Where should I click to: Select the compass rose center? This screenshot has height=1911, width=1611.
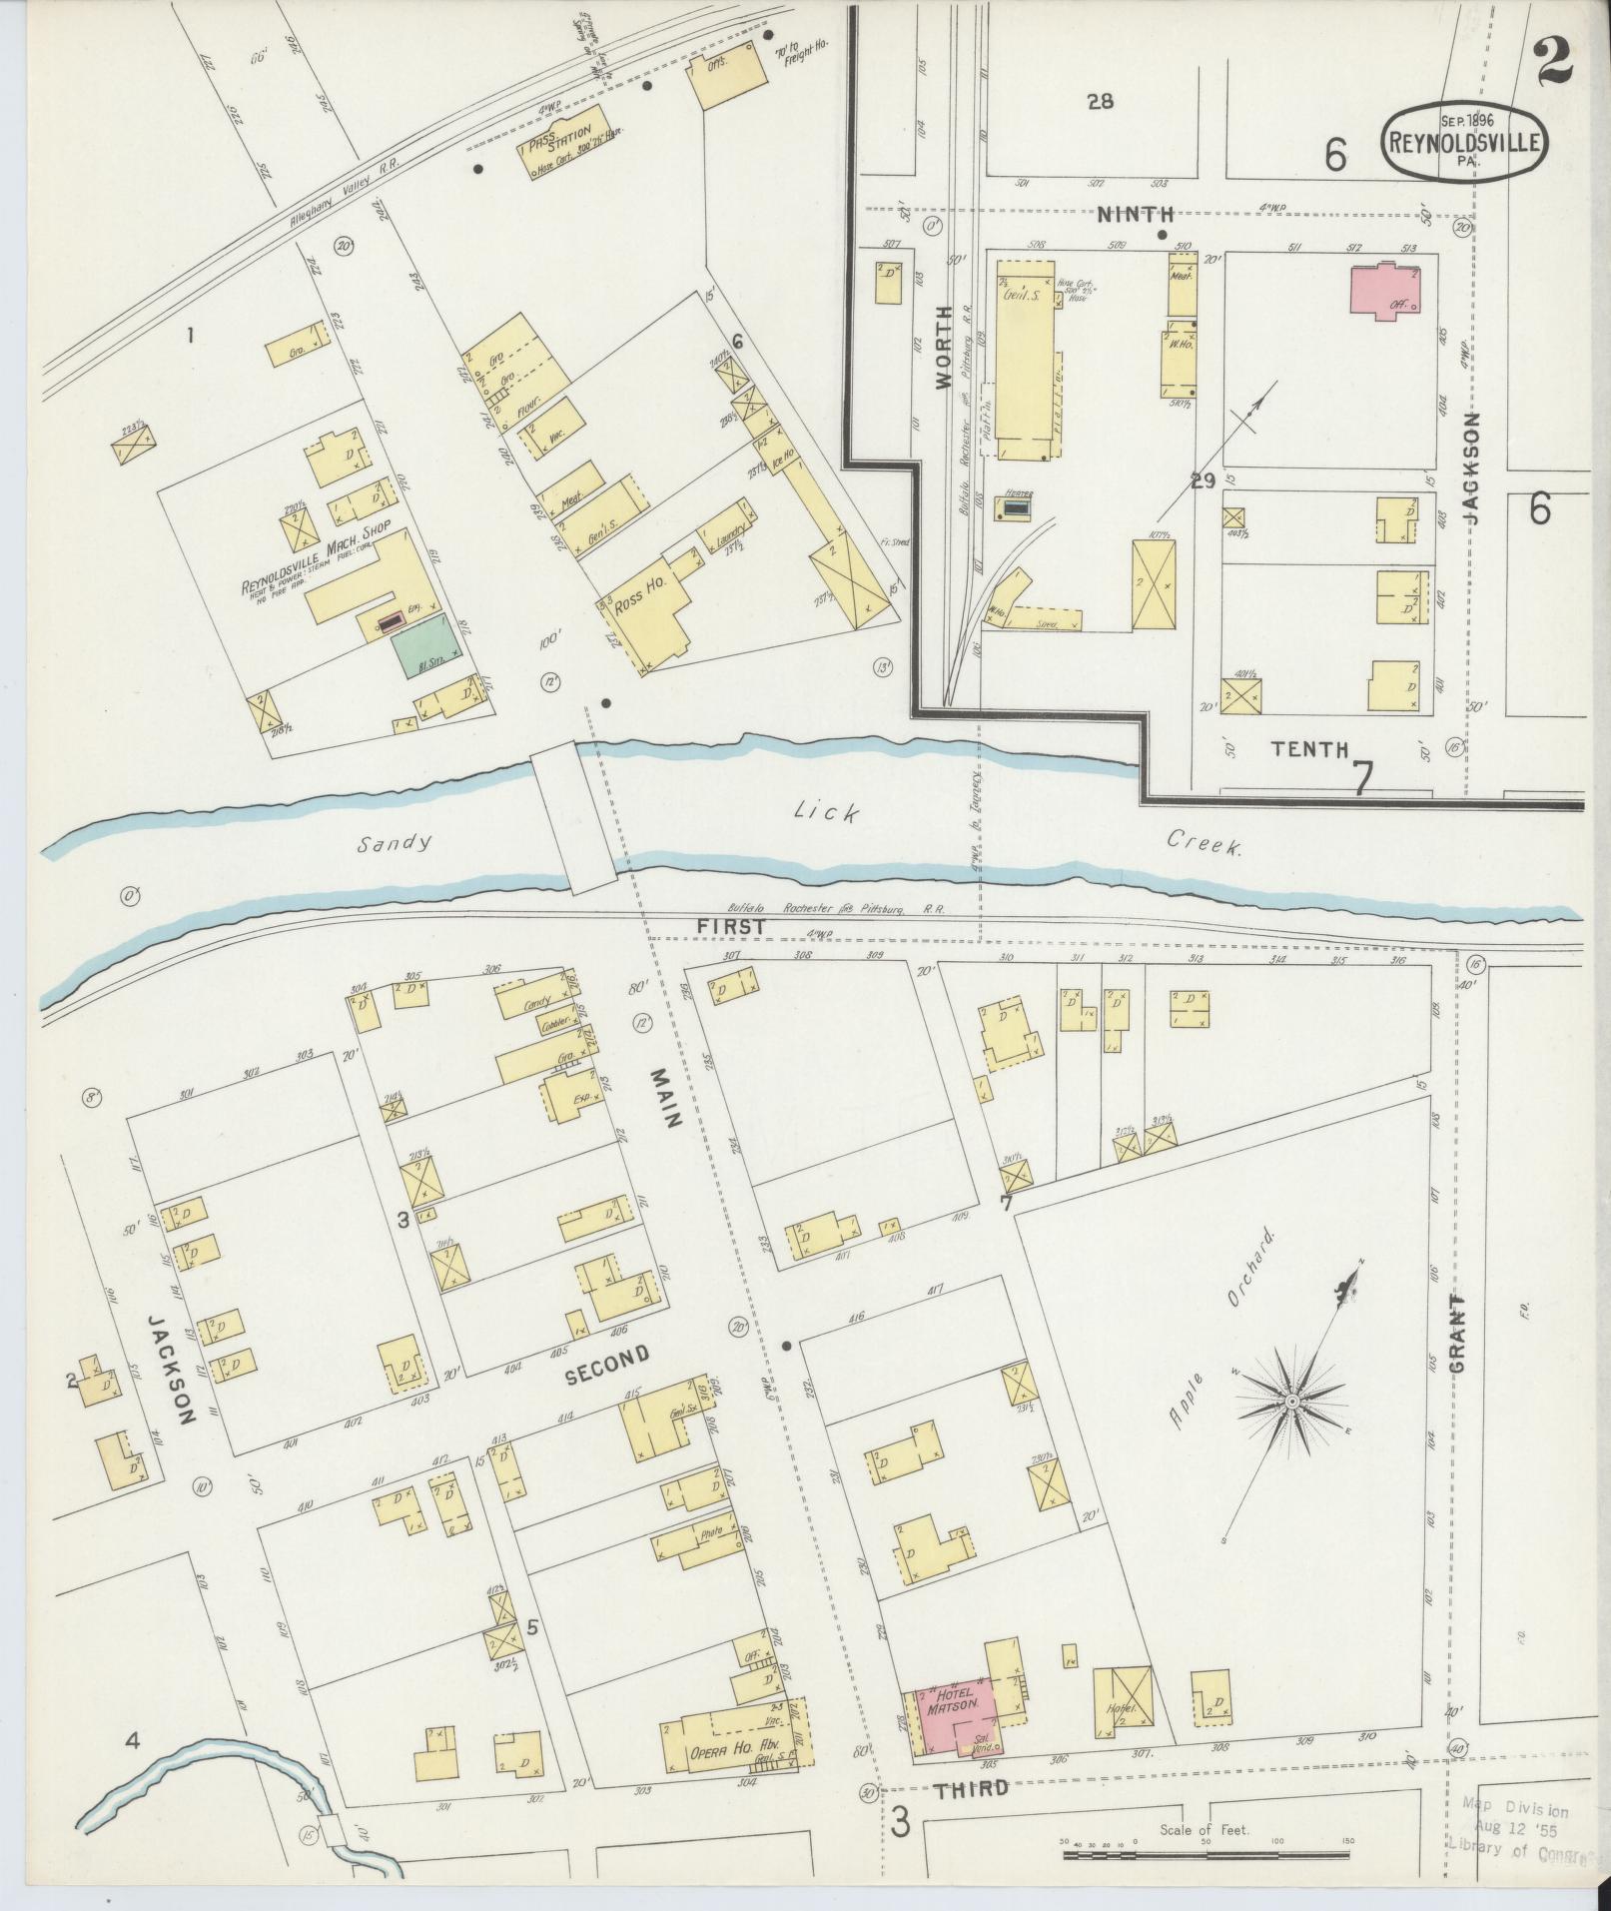pos(1291,1403)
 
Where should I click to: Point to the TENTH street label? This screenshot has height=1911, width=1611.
pos(1309,748)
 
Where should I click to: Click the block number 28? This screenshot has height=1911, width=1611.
pos(1101,101)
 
